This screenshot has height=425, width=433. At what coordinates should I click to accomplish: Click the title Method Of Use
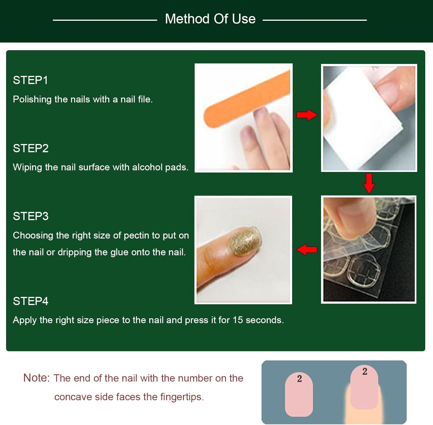point(210,19)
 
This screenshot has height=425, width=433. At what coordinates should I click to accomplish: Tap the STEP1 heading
point(30,80)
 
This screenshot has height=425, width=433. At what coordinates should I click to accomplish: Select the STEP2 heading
point(31,148)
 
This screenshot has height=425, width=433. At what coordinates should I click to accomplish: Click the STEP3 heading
point(31,216)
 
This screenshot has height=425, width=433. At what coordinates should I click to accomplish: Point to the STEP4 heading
point(31,301)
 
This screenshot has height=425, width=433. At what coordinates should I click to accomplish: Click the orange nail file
point(245,100)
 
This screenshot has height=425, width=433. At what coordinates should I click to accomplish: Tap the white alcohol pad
point(361,121)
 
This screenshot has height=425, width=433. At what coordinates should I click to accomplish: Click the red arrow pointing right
point(307,115)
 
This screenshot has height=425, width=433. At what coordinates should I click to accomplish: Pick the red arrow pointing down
point(369,183)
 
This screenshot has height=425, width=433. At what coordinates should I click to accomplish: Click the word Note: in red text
point(36,378)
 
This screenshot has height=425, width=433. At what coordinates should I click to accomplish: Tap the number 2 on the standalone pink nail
point(299,379)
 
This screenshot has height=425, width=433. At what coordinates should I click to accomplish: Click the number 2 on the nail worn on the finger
point(365,371)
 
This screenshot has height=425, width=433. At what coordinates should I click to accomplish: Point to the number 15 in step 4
point(238,320)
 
